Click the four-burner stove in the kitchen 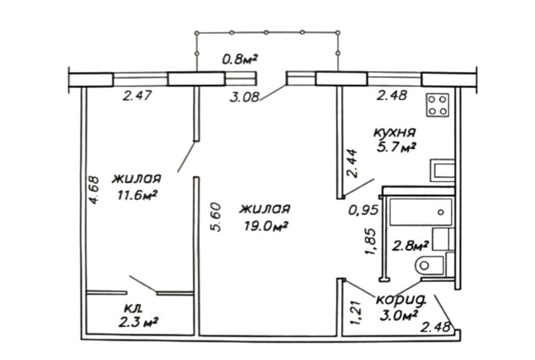pos(438,105)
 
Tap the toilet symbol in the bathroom pos(428,264)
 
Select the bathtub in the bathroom pos(421,212)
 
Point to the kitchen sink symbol pos(442,170)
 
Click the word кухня pos(394,132)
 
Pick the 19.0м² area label pos(267,226)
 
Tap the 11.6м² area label pos(137,195)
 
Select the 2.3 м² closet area pos(138,322)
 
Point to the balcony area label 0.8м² pos(240,60)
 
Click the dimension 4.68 pos(94,190)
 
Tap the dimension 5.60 pos(216,217)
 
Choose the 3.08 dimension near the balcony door pos(244,97)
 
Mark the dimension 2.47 pos(137,95)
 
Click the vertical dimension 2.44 pos(352,163)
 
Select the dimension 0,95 pos(363,210)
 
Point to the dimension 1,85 pos(370,241)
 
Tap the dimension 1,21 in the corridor pos(356,313)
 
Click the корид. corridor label pos(401,300)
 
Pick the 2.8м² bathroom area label pos(410,246)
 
